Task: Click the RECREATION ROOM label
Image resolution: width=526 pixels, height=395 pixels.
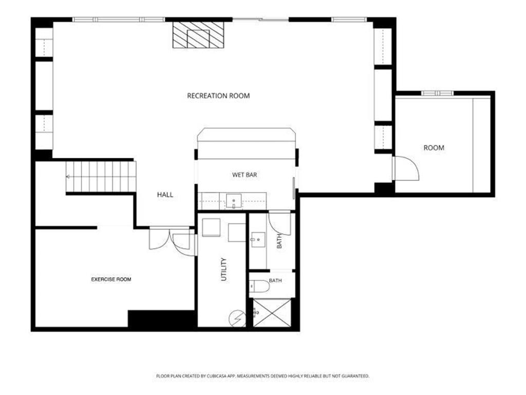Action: pyautogui.click(x=218, y=96)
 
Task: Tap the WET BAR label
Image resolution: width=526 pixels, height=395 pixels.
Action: pyautogui.click(x=245, y=175)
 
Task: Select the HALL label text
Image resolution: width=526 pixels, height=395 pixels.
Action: pyautogui.click(x=165, y=194)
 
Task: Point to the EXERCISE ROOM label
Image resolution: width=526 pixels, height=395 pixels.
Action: pyautogui.click(x=111, y=279)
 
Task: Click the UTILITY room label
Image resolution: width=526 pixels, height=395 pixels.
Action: pyautogui.click(x=224, y=269)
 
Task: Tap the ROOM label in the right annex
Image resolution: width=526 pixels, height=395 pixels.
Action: pyautogui.click(x=434, y=148)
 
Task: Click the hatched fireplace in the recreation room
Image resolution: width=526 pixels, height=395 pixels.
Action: pyautogui.click(x=198, y=35)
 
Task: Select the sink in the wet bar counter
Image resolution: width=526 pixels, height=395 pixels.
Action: pyautogui.click(x=234, y=201)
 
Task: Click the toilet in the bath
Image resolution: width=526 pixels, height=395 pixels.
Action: pyautogui.click(x=259, y=286)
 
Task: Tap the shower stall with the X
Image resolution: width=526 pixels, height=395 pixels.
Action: pyautogui.click(x=272, y=313)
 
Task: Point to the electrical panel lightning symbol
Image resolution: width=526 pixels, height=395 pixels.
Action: pyautogui.click(x=237, y=318)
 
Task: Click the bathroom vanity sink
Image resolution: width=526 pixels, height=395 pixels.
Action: pyautogui.click(x=257, y=240)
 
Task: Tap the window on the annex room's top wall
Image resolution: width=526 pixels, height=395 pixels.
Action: pyautogui.click(x=438, y=93)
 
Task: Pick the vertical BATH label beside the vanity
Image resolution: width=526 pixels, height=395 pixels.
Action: pyautogui.click(x=279, y=241)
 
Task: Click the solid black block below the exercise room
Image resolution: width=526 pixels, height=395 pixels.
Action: pyautogui.click(x=161, y=318)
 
